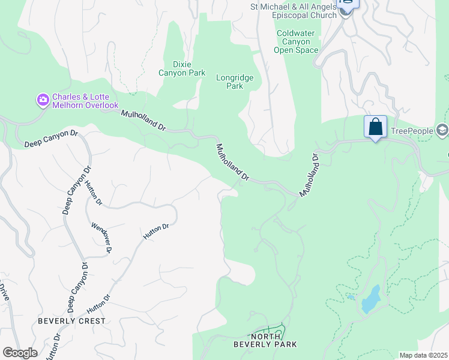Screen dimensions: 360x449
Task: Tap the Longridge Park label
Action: (235, 82)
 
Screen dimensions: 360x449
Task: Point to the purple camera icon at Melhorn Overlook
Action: (43, 100)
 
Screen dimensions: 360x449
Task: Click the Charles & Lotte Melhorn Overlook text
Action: (85, 101)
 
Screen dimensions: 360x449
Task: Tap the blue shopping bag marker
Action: (375, 127)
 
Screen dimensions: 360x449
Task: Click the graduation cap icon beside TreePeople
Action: (442, 130)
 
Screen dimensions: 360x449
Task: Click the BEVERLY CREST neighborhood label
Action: (71, 321)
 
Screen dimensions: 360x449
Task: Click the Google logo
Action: (20, 353)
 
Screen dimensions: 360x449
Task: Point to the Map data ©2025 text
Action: (423, 355)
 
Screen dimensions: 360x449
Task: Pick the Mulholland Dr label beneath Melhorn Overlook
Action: (144, 121)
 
